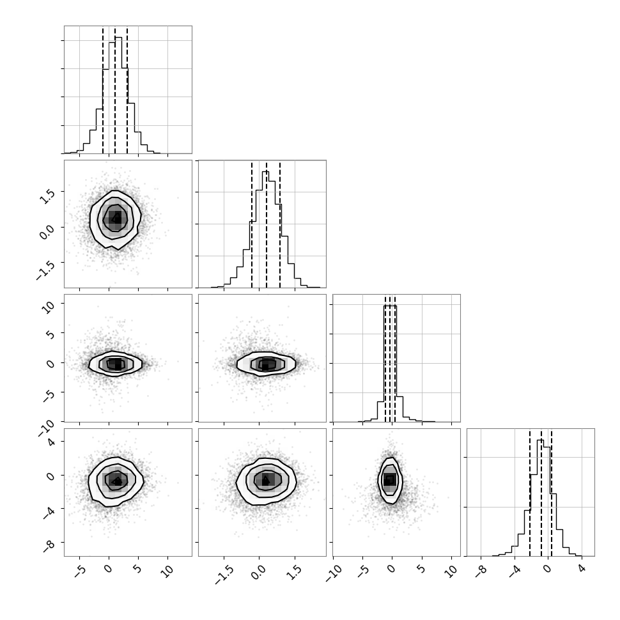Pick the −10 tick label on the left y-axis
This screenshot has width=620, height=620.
coord(47,429)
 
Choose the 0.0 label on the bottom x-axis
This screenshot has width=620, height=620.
coord(258,572)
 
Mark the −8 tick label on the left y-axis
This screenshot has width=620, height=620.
coord(49,545)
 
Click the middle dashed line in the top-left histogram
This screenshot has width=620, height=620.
coord(114,90)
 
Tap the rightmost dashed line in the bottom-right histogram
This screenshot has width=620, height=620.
coord(551,492)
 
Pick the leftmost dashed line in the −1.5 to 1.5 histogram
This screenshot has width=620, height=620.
coord(251,224)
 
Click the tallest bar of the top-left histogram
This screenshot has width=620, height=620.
coord(119,95)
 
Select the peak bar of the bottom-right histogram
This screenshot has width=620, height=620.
coord(540,498)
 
